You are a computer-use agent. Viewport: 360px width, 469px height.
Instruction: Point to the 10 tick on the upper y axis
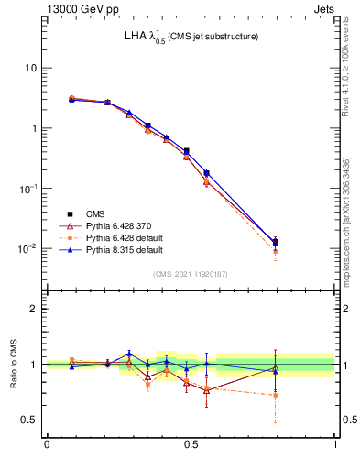30,68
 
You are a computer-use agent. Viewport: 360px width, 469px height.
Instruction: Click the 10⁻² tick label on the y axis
27,248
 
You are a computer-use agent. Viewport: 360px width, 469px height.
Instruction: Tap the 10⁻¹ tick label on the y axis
27,189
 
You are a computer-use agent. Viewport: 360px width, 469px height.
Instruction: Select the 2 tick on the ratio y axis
34,309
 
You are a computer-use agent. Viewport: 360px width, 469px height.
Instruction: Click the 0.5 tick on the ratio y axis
29,420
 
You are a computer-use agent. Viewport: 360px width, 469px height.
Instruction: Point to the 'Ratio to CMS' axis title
12,364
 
